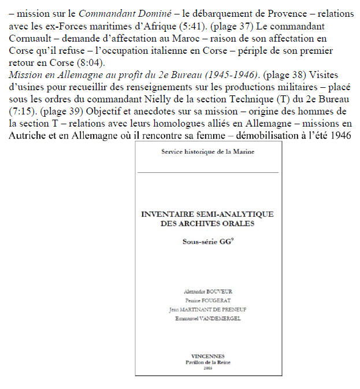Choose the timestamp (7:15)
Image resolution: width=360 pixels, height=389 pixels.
pyautogui.click(x=23, y=112)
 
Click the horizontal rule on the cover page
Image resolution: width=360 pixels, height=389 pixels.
pyautogui.click(x=207, y=172)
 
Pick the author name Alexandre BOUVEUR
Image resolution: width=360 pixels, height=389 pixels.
pyautogui.click(x=207, y=291)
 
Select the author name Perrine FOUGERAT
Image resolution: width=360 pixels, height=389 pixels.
pyautogui.click(x=207, y=301)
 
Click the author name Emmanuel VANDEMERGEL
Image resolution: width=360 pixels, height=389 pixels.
pyautogui.click(x=207, y=318)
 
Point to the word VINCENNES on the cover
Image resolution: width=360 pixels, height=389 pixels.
pyautogui.click(x=207, y=356)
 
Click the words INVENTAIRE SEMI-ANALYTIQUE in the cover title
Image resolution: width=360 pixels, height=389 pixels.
pyautogui.click(x=207, y=214)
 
